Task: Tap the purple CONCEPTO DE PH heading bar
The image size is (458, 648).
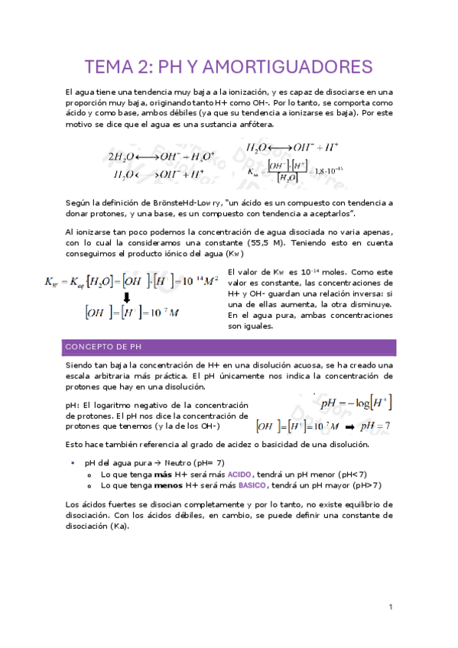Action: (229, 348)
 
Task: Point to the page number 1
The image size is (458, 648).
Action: (390, 607)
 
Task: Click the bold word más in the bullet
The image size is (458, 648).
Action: (163, 474)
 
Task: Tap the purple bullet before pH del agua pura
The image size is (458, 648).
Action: (72, 463)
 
